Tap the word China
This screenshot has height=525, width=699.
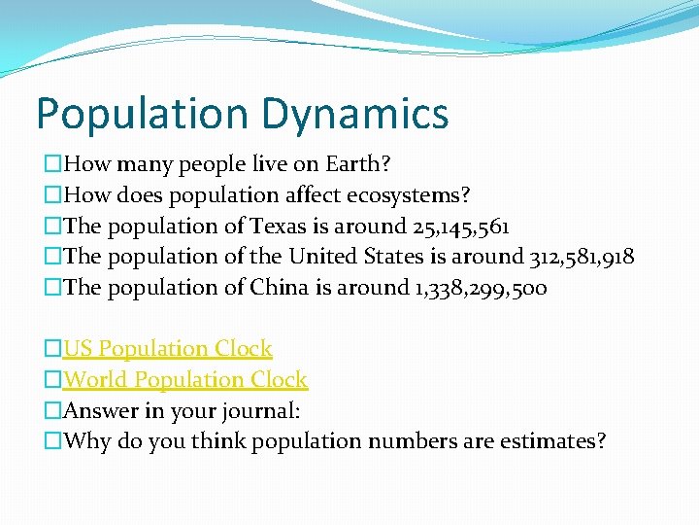point(282,288)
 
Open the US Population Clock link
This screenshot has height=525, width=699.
point(168,348)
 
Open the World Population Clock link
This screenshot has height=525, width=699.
point(185,379)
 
